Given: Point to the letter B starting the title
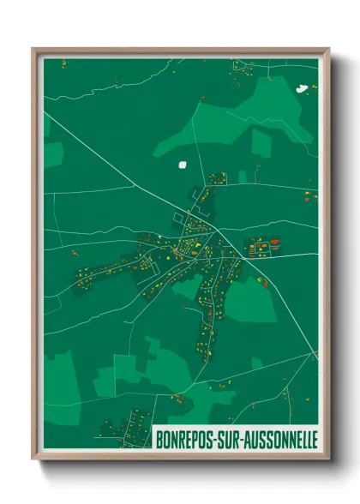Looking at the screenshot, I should [159, 439].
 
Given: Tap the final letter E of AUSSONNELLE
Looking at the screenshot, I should [315, 439].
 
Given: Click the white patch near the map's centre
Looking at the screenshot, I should [182, 165].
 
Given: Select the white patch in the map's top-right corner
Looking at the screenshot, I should [301, 87].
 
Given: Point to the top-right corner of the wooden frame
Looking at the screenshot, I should [328, 49].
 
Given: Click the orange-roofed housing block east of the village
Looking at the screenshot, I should [263, 248].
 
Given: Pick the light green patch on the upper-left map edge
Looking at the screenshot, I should [53, 154].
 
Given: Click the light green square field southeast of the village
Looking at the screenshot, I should [251, 301].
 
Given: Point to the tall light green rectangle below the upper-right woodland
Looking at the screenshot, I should [261, 143].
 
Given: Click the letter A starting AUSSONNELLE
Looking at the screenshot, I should [252, 439].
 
